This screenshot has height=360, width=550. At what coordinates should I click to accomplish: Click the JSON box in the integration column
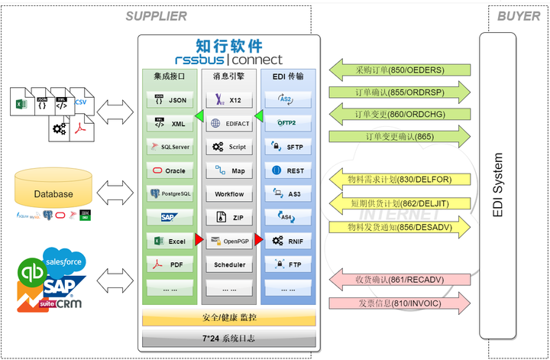click(x=170, y=99)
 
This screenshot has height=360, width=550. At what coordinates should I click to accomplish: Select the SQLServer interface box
click(x=170, y=147)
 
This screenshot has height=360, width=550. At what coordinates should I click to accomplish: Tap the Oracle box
click(x=170, y=170)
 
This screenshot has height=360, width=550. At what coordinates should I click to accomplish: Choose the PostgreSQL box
click(x=170, y=194)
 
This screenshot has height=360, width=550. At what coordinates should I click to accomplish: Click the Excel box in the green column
click(x=170, y=241)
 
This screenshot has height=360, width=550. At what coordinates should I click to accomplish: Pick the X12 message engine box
click(x=228, y=99)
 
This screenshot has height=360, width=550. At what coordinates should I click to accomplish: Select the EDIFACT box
click(x=228, y=123)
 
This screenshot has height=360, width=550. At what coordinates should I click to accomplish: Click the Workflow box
click(x=228, y=194)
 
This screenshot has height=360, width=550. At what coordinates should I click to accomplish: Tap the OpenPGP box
click(x=228, y=241)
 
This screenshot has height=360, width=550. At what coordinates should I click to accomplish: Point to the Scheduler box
click(x=228, y=264)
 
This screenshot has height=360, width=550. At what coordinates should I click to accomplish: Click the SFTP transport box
click(x=287, y=147)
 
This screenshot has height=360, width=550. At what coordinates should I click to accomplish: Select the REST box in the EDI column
click(x=287, y=170)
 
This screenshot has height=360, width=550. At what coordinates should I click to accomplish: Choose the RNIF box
click(x=287, y=241)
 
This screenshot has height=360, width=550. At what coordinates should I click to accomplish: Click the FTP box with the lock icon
click(x=287, y=264)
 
